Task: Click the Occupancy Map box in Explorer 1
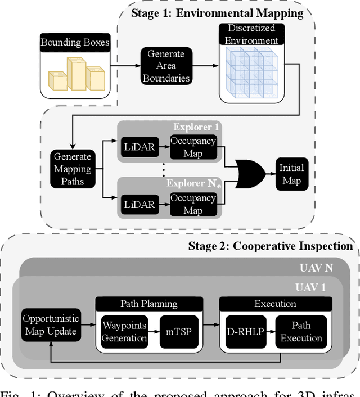click(x=193, y=147)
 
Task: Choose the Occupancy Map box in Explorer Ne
click(x=193, y=204)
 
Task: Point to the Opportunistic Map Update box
click(x=51, y=325)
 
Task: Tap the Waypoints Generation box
click(x=124, y=332)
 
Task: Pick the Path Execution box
click(x=301, y=332)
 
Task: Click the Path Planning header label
click(x=149, y=304)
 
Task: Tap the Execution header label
click(x=275, y=304)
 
